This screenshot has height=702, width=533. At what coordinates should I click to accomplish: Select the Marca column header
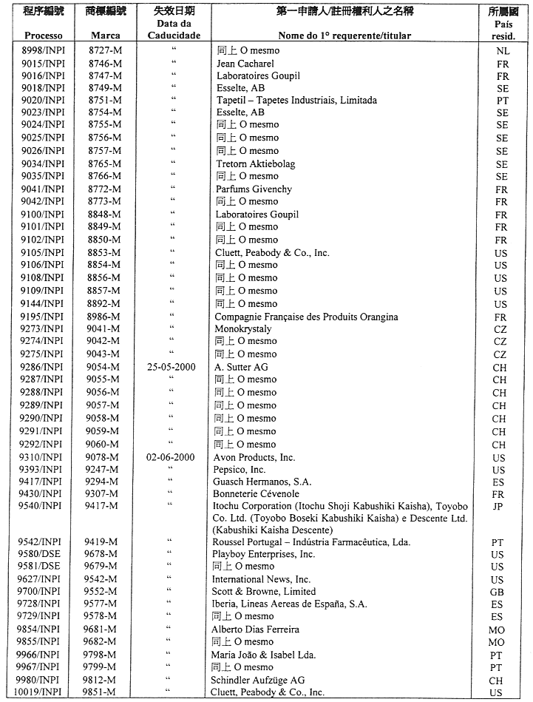pos(105,36)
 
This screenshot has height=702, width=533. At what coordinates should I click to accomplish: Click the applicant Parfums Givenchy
pos(254,189)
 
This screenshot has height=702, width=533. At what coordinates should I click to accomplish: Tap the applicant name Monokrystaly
pos(243,329)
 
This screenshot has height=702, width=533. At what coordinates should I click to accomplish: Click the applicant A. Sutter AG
pos(241,367)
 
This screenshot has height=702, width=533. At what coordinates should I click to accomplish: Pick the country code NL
pos(503,51)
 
